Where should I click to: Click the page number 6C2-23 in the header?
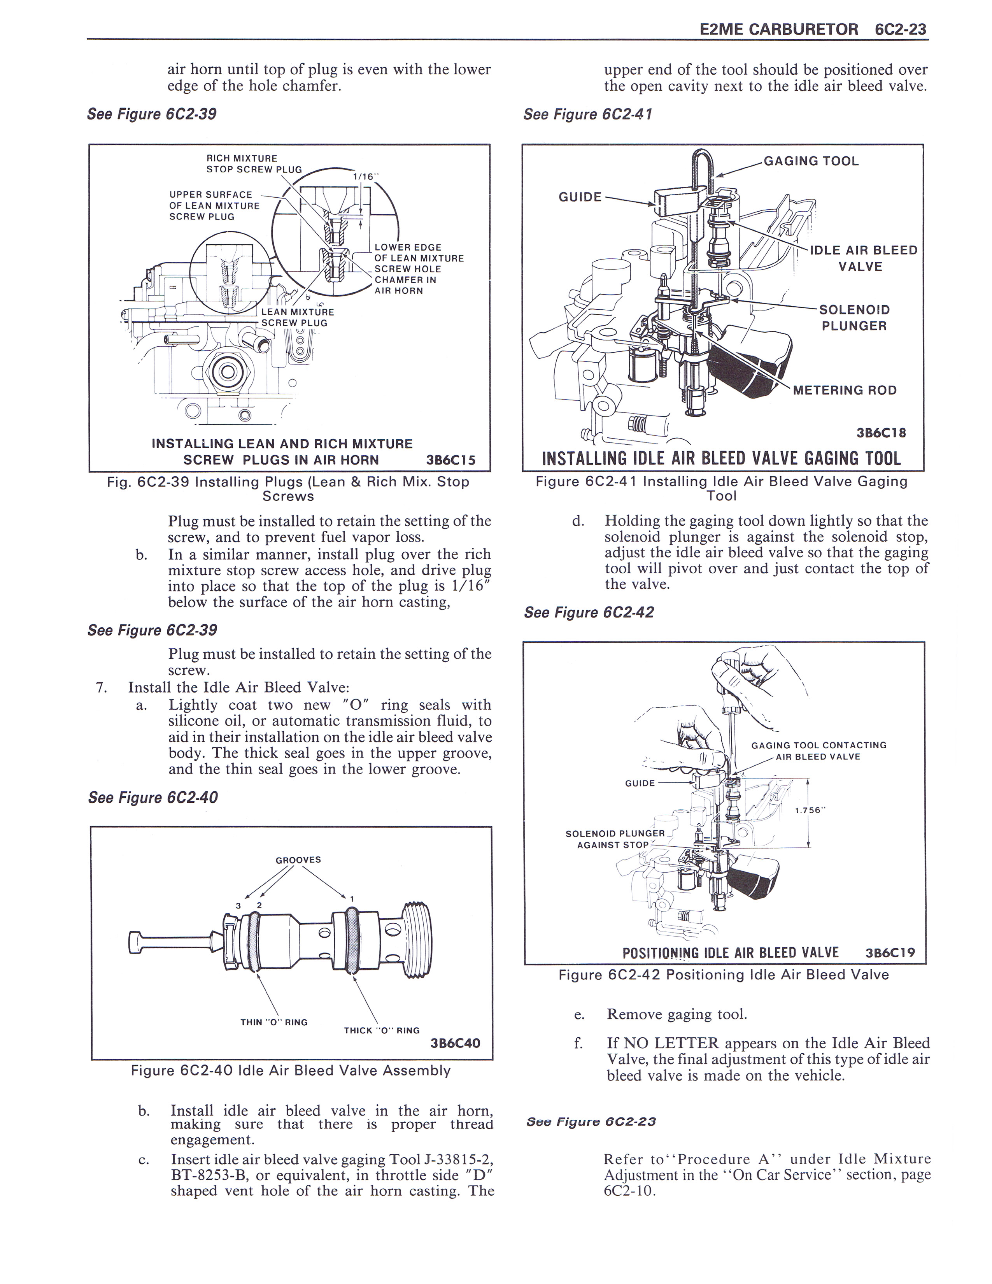pos(900,30)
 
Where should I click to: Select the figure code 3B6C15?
pos(451,460)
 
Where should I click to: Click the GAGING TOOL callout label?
pos(811,161)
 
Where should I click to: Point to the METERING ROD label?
pos(845,390)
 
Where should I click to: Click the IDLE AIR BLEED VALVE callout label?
pos(863,258)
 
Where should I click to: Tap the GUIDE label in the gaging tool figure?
pos(580,197)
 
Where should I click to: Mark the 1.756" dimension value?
pos(810,810)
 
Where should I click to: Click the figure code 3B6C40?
pos(456,1043)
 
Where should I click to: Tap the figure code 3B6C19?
pos(891,953)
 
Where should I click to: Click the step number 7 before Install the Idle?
pos(100,687)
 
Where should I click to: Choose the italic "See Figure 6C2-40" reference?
pos(153,798)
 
